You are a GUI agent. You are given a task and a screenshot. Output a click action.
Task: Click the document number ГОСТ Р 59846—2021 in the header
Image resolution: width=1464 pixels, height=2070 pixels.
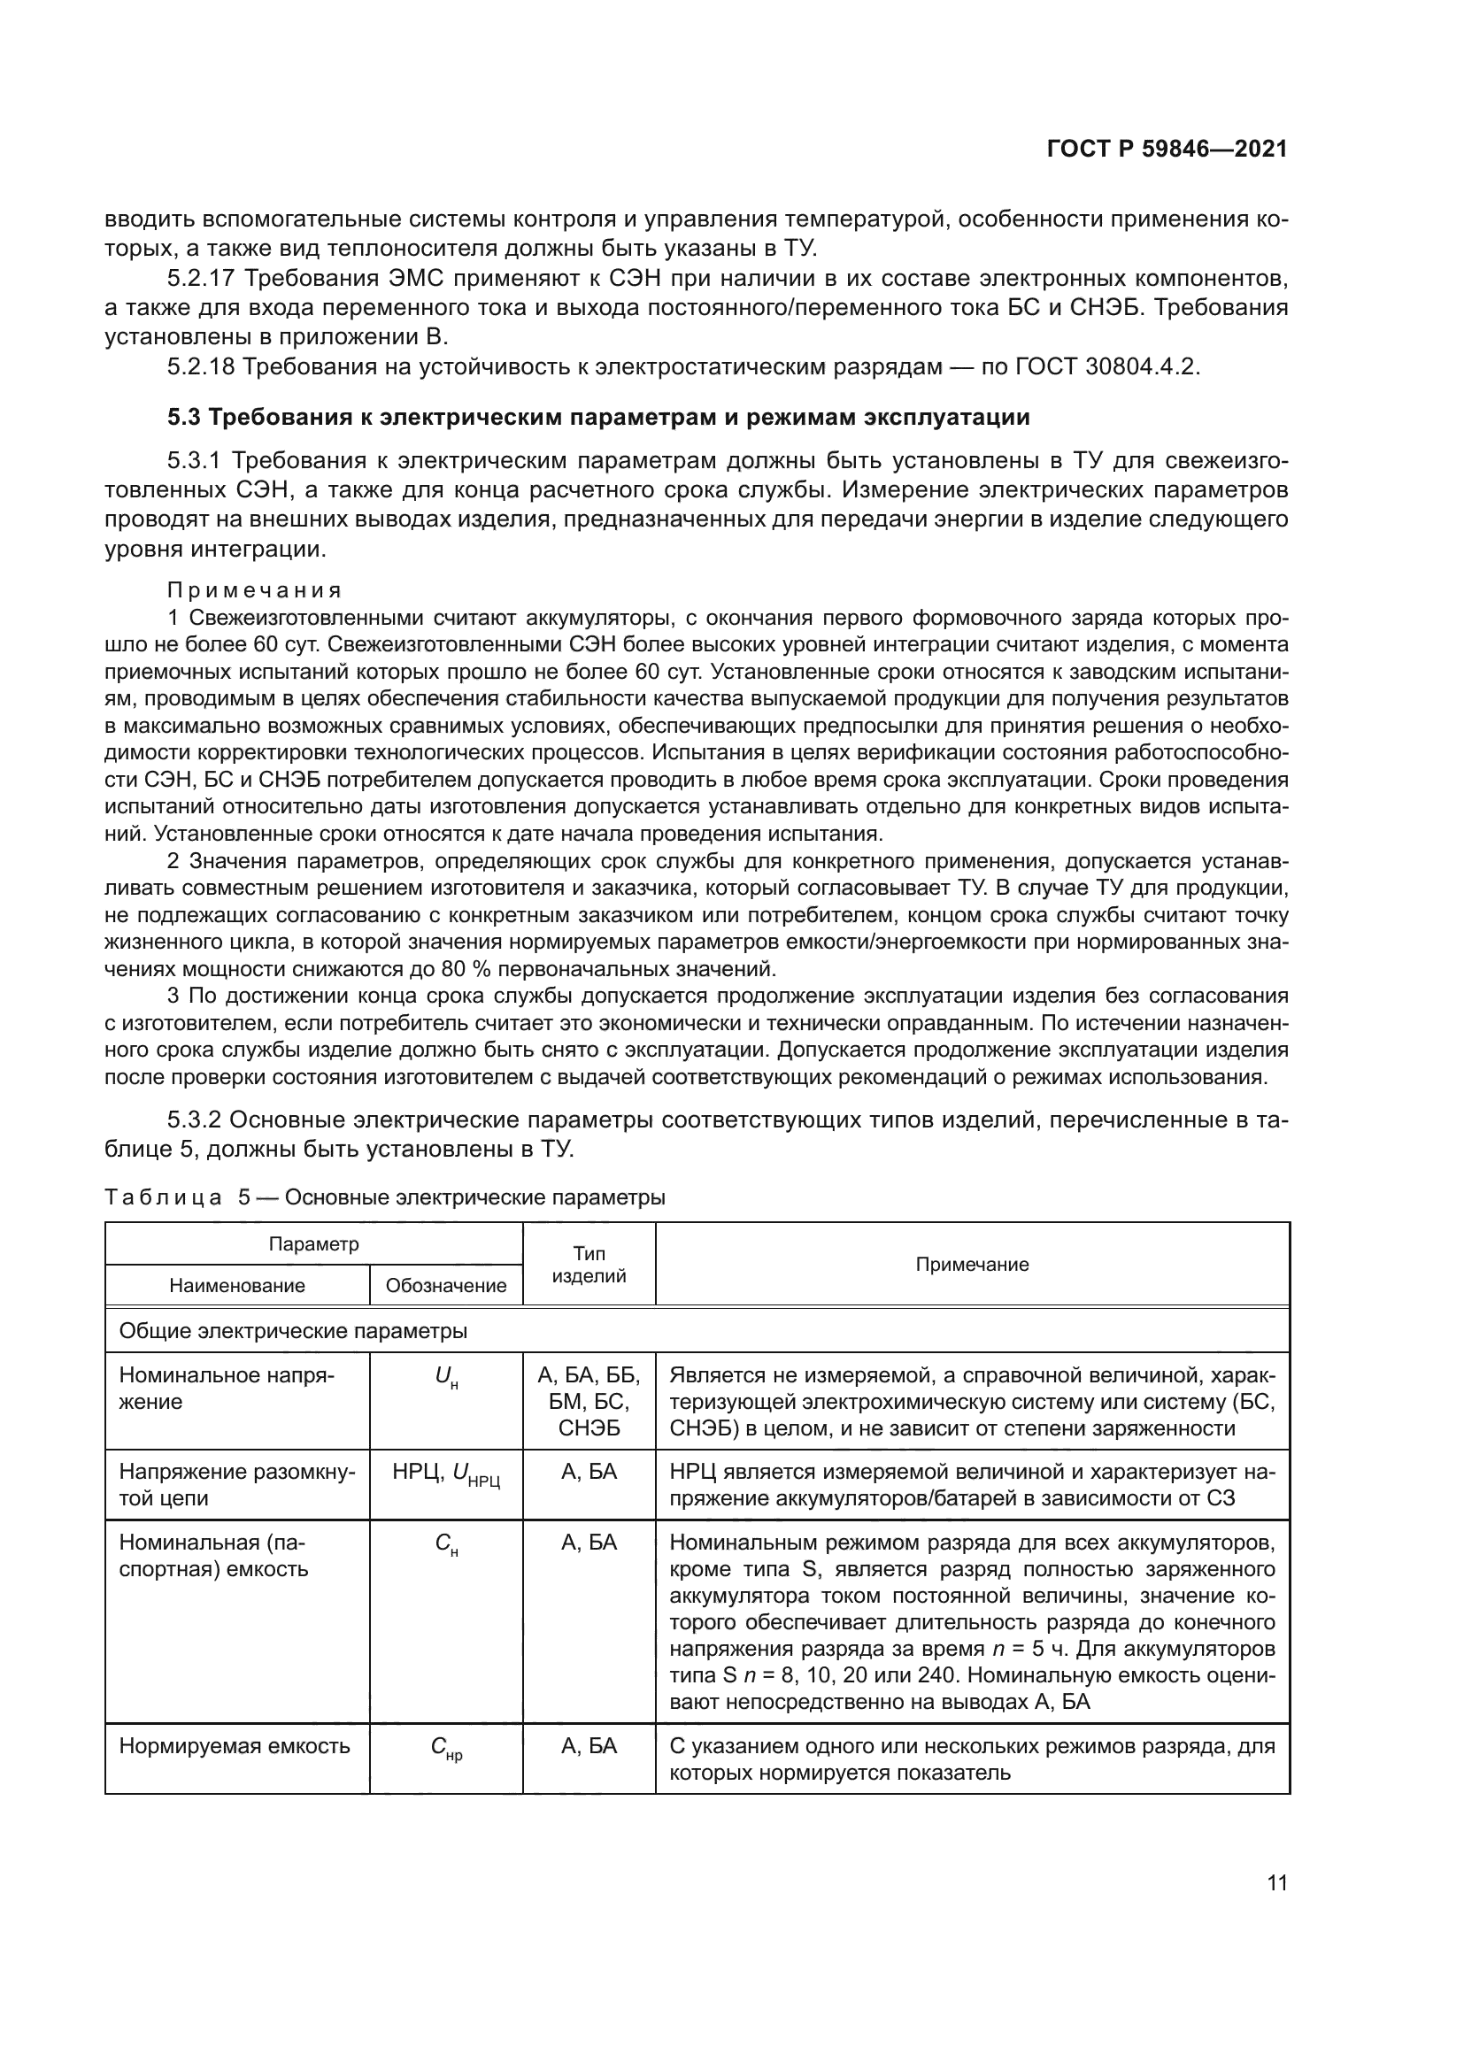tap(1167, 150)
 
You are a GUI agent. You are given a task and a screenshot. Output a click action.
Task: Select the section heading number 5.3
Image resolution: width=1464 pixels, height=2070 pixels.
tap(185, 418)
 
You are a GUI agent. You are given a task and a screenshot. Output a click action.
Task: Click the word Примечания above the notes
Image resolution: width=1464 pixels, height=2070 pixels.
tap(254, 590)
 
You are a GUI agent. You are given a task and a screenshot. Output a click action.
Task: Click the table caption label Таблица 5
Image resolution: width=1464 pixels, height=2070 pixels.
tap(177, 1198)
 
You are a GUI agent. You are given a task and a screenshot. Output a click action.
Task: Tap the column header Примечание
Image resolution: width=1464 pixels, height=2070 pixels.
tap(972, 1264)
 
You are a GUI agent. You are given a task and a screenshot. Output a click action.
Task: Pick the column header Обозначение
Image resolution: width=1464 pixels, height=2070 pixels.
tap(446, 1286)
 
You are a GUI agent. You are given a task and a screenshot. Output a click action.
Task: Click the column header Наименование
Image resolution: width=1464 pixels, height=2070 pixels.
tap(237, 1286)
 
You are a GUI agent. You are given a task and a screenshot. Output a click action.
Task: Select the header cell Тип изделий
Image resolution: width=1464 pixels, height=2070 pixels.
tap(589, 1264)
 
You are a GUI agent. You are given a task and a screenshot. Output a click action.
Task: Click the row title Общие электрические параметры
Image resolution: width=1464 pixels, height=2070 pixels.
tap(293, 1331)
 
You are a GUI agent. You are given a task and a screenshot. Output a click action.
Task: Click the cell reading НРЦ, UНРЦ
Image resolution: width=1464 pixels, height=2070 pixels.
tap(446, 1474)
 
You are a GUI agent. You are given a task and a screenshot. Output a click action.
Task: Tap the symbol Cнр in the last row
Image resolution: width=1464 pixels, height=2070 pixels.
tap(446, 1748)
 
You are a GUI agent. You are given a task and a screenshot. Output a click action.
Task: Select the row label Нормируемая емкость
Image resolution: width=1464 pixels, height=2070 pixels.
tap(235, 1746)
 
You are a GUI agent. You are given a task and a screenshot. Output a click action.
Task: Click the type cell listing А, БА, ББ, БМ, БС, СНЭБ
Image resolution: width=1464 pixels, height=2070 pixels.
tap(589, 1401)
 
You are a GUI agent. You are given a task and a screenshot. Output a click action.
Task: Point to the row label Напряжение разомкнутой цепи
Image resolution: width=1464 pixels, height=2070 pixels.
tap(237, 1485)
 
